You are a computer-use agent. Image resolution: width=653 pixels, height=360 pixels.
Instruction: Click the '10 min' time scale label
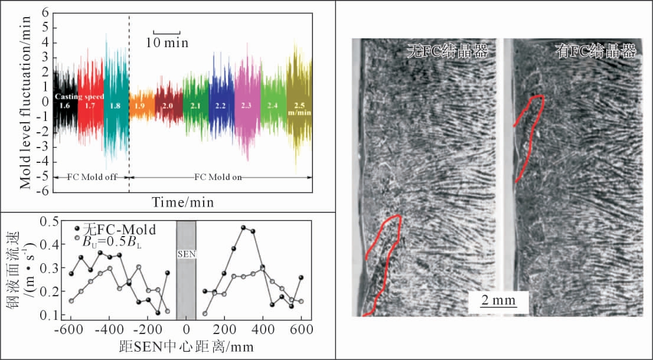(x=168, y=42)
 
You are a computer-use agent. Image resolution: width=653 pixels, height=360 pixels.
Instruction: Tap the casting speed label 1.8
(x=115, y=106)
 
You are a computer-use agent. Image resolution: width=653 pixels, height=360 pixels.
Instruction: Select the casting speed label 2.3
(x=247, y=105)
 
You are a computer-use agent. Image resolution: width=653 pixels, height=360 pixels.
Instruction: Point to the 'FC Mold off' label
(x=91, y=177)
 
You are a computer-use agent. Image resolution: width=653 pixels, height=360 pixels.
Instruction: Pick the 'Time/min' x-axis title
(x=183, y=203)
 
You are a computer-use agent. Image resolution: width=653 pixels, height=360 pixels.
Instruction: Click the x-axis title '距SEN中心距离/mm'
(x=185, y=347)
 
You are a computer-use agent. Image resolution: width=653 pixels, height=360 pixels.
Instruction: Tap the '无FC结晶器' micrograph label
(x=448, y=51)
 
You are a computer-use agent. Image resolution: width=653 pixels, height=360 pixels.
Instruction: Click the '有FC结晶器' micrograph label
(x=596, y=51)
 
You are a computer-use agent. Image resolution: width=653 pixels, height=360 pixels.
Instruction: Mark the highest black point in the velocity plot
(x=243, y=227)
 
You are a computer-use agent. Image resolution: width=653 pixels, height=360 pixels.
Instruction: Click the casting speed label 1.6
(x=65, y=105)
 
